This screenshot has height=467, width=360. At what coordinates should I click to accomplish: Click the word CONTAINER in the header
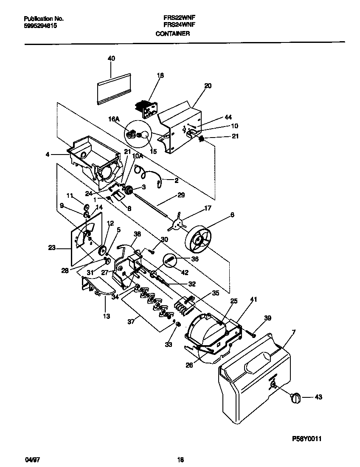(x=172, y=34)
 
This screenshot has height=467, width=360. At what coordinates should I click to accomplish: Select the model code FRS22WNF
(x=177, y=18)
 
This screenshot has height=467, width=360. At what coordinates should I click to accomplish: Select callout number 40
(x=111, y=58)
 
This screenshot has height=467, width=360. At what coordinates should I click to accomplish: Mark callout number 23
(x=52, y=248)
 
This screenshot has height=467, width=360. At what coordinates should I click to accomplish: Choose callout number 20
(x=208, y=85)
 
